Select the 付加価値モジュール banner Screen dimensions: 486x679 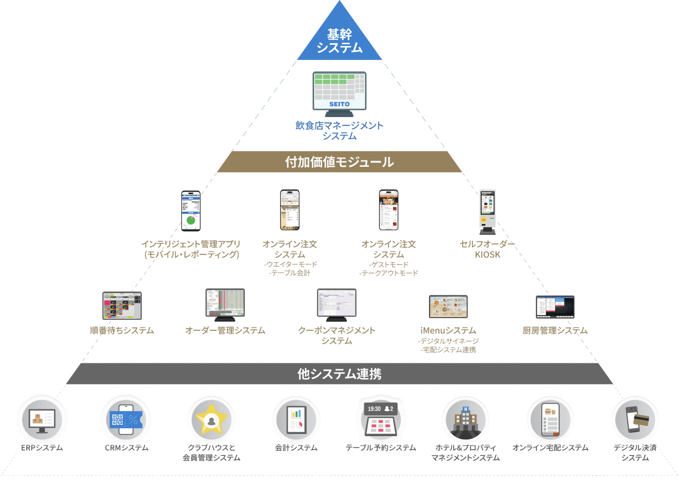coord(339,162)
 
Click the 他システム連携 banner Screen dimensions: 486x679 coord(339,374)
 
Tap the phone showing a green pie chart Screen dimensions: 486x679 coord(191,211)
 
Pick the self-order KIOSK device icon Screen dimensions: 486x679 coord(488,211)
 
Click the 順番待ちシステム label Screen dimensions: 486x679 coord(122,330)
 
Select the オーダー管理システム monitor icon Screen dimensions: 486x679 coord(225,304)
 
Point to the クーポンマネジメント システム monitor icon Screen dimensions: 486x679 coord(337,304)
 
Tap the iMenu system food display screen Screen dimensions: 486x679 coord(448,306)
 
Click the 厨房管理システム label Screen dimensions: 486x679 coord(555,330)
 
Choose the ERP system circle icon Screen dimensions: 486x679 coord(42,420)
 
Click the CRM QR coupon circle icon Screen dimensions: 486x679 coord(126,420)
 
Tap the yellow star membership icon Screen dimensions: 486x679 coord(211,420)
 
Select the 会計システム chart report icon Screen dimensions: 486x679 coord(296,420)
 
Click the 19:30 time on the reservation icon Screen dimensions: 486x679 coord(374,409)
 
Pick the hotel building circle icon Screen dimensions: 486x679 coord(466,420)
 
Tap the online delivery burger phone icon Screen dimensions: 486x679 coord(550,420)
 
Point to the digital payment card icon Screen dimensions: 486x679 coord(635,420)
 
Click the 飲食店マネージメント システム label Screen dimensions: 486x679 coord(339,131)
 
